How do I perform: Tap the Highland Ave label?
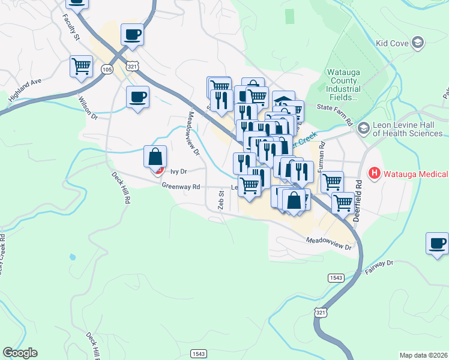click(x=25, y=89)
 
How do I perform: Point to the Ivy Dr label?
click(x=179, y=171)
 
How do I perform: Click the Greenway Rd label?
click(x=180, y=187)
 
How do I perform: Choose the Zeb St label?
click(x=221, y=200)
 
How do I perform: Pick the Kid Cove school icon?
click(x=418, y=43)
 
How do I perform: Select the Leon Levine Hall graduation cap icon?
click(x=363, y=128)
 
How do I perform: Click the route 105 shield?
click(x=107, y=70)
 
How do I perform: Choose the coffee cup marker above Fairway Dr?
click(x=437, y=244)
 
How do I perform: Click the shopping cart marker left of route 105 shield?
click(x=81, y=66)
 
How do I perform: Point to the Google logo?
click(x=20, y=353)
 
